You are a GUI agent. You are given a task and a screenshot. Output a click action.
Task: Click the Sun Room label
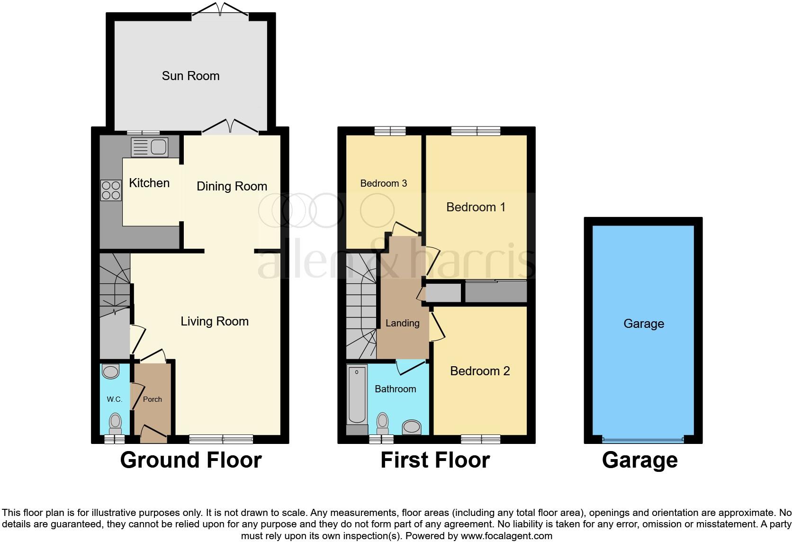coord(190,76)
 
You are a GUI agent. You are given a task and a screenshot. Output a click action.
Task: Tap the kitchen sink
coord(149,147)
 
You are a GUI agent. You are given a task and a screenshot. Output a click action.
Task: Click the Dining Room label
coord(232,186)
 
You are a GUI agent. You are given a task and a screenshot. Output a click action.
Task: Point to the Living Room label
coord(215,321)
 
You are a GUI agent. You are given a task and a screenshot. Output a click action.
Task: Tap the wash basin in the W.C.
coord(111,372)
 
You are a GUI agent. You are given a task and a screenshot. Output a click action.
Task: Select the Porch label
coord(153,399)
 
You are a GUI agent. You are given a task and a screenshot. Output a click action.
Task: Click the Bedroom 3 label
coord(383,183)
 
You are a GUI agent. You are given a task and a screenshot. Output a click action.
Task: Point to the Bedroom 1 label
coord(476,207)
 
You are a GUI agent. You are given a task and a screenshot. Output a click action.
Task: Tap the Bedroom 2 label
coord(480,371)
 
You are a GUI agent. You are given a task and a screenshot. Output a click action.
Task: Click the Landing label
coord(402,323)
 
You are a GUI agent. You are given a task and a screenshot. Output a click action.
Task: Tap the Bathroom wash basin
coord(412,427)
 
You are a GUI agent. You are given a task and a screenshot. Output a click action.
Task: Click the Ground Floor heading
coord(190,460)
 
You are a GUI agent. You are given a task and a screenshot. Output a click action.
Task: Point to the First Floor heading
coord(435,460)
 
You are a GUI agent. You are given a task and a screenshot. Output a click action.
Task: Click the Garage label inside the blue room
coord(644,324)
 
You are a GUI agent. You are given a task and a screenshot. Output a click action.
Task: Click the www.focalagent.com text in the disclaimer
coord(506,536)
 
